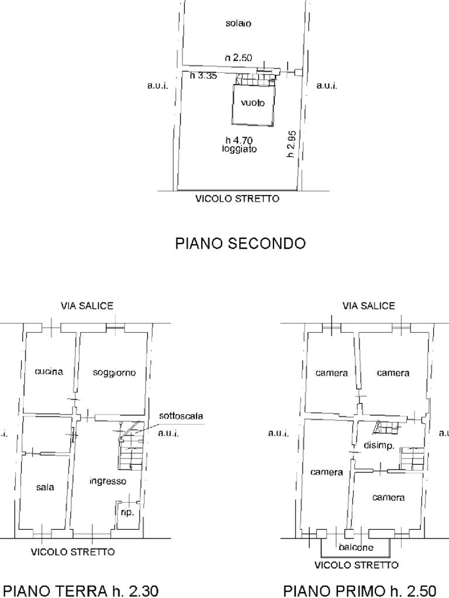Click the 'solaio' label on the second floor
[239, 23]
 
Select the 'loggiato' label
[239, 149]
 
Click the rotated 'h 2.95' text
[291, 144]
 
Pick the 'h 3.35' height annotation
[203, 75]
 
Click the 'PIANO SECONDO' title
[240, 243]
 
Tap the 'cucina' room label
[49, 371]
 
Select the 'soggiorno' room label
[114, 373]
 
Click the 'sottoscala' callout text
[181, 416]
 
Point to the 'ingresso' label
[108, 481]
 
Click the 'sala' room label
[45, 487]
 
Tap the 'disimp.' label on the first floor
[379, 445]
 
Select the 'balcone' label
[356, 547]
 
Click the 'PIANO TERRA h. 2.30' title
[80, 591]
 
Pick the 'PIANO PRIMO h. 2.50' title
[360, 591]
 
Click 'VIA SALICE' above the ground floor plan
[87, 306]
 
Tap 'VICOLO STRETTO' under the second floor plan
[237, 199]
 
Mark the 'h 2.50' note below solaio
[239, 58]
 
